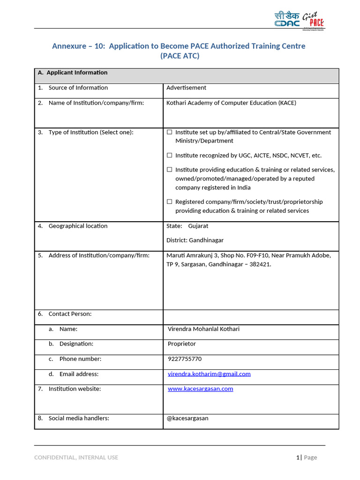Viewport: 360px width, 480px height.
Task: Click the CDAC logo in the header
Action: [286, 19]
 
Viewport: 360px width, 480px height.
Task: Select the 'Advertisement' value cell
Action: [186, 88]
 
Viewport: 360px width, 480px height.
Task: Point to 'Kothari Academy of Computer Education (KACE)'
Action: [231, 103]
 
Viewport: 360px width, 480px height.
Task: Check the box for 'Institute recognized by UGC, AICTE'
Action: [170, 155]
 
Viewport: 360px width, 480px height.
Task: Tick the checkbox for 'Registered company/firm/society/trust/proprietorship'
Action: [170, 202]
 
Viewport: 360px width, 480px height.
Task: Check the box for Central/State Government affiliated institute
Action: [170, 132]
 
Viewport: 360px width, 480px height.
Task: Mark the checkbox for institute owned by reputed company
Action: [170, 170]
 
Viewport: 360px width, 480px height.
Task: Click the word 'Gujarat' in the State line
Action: [198, 226]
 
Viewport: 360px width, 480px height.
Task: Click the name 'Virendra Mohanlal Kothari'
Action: [203, 329]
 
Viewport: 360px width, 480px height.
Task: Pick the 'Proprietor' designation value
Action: [182, 344]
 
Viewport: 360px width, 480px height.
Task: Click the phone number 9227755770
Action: [185, 359]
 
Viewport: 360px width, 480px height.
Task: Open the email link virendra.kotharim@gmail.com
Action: [209, 374]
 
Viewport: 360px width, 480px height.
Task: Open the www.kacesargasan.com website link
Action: [200, 389]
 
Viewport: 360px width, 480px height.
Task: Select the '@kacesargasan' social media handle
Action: [187, 418]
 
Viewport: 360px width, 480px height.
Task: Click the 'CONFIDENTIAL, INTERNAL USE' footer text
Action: [76, 457]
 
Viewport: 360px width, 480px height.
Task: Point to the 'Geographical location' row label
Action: [78, 226]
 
